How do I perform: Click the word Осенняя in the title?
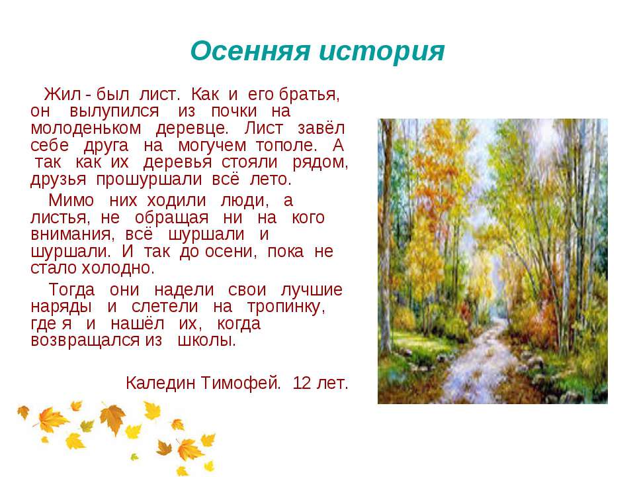click(x=250, y=51)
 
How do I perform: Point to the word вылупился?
click(x=114, y=111)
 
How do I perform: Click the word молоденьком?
click(x=86, y=128)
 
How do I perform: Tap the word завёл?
click(x=321, y=128)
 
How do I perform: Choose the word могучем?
click(x=212, y=146)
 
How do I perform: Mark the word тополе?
click(x=286, y=145)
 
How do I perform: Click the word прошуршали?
click(x=149, y=180)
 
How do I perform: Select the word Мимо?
click(x=71, y=200)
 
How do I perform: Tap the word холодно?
click(x=118, y=268)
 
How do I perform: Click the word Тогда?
click(x=71, y=290)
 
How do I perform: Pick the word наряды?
click(x=61, y=307)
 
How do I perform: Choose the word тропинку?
click(x=286, y=307)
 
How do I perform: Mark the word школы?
click(x=206, y=341)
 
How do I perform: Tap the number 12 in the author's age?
click(x=302, y=383)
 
